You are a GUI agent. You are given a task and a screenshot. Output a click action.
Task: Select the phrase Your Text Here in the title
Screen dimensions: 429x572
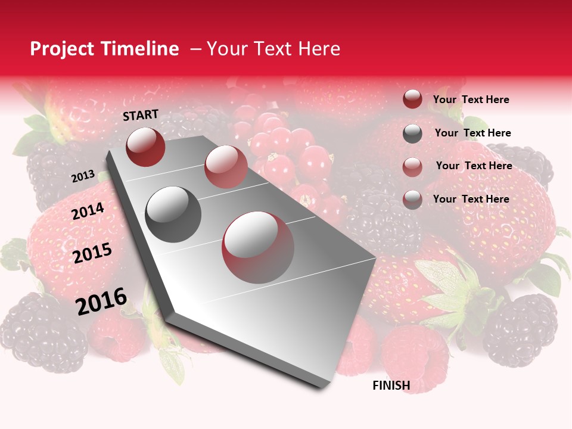pyautogui.click(x=273, y=49)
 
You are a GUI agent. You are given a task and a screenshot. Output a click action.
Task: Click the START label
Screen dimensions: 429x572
pyautogui.click(x=141, y=115)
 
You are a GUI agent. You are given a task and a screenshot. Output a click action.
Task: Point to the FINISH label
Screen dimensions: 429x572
pyautogui.click(x=391, y=386)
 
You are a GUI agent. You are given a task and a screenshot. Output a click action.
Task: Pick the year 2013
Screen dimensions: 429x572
pyautogui.click(x=83, y=176)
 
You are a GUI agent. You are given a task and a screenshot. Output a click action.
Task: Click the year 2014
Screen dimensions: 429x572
pyautogui.click(x=88, y=211)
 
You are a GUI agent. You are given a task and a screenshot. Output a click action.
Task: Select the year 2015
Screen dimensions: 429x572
pyautogui.click(x=92, y=253)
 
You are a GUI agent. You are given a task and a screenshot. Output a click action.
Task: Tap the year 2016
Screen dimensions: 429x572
pyautogui.click(x=101, y=301)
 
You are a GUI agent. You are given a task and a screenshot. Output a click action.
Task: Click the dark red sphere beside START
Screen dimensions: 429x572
pyautogui.click(x=145, y=147)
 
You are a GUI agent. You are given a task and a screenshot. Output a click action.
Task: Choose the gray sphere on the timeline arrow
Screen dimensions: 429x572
pyautogui.click(x=173, y=214)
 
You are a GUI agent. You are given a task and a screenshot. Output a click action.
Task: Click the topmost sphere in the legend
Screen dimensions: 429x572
pyautogui.click(x=412, y=100)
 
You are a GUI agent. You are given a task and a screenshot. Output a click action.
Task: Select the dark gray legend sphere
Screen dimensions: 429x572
pyautogui.click(x=412, y=133)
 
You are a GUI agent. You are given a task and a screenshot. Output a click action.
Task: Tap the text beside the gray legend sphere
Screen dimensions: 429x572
pyautogui.click(x=472, y=133)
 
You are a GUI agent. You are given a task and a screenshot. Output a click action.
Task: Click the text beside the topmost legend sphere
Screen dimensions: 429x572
pyautogui.click(x=471, y=100)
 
